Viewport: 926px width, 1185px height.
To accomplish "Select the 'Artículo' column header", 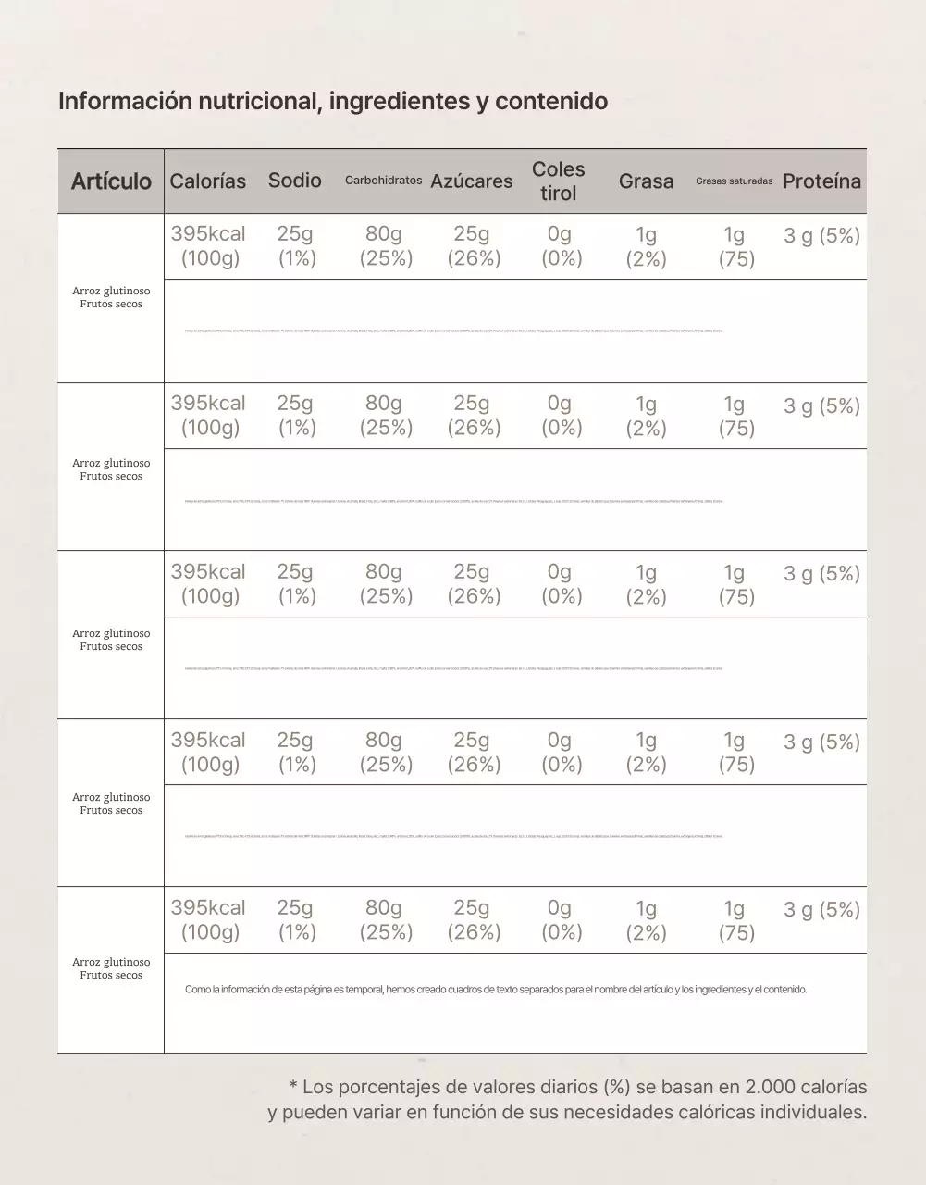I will tap(111, 181).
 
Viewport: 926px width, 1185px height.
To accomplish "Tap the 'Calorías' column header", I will tap(208, 181).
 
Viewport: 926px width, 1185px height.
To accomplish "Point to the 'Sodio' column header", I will tap(295, 181).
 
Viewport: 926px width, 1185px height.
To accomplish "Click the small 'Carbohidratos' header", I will tap(383, 181).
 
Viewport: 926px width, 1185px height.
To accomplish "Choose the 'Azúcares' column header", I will tap(471, 181).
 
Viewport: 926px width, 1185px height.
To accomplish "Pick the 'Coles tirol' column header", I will tap(559, 181).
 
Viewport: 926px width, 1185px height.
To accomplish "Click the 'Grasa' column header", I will tap(646, 181).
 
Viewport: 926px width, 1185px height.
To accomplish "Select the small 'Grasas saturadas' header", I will tap(734, 181).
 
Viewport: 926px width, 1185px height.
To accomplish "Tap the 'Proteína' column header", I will tap(821, 181).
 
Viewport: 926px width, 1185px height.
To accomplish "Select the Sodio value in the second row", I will tap(296, 416).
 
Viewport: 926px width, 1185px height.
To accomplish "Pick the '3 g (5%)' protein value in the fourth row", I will tap(821, 742).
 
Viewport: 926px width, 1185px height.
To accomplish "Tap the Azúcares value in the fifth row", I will tap(473, 920).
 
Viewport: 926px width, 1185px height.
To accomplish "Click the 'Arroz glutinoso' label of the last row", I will tap(111, 962).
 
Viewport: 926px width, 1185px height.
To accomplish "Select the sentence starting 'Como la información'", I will tap(496, 990).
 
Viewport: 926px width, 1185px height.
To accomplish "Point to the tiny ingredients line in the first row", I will tap(453, 331).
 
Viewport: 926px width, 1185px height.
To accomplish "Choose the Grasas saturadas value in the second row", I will tap(735, 416).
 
